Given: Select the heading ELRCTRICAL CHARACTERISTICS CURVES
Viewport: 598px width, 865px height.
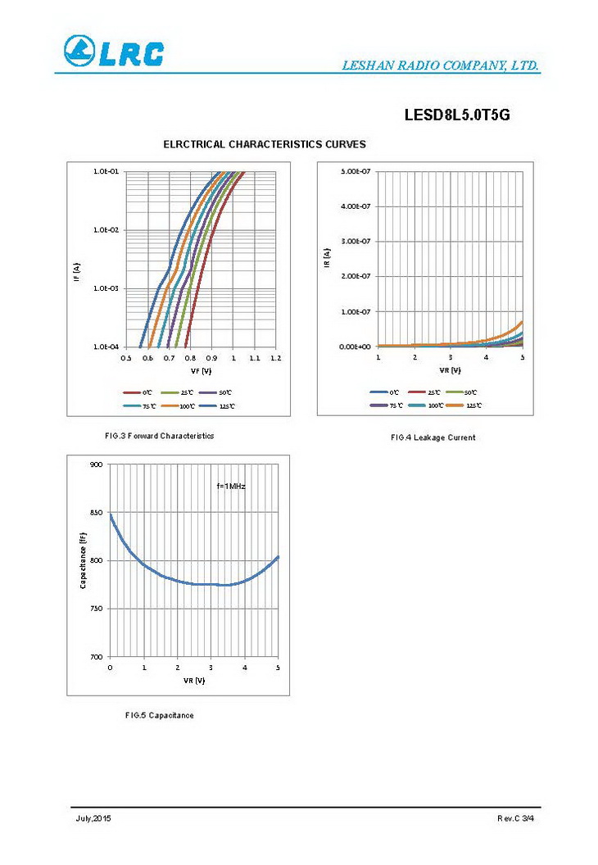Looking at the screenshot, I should coord(265,144).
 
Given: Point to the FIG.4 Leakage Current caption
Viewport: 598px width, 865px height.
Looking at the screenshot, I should coord(433,437).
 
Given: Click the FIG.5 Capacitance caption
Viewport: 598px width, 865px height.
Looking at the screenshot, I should coord(160,715).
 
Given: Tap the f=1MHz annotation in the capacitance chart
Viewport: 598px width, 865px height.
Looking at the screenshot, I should coord(231,486).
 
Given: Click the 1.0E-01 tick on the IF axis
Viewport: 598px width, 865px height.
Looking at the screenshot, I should coord(106,172).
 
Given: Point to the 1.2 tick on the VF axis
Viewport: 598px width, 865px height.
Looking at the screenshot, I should coord(275,358).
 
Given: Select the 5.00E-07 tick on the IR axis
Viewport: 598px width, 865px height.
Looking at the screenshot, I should coord(356,172).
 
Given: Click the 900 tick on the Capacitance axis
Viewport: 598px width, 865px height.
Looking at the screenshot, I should coord(97,464).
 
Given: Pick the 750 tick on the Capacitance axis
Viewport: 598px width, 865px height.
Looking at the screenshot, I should coord(97,609).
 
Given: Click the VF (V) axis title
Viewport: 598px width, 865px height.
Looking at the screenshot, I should coord(201,371).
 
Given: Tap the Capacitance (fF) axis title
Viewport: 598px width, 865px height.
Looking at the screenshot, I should coord(83,560).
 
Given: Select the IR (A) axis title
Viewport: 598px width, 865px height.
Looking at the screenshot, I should coord(327,259).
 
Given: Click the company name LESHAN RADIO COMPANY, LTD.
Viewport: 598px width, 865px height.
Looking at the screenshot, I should coord(440,66).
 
